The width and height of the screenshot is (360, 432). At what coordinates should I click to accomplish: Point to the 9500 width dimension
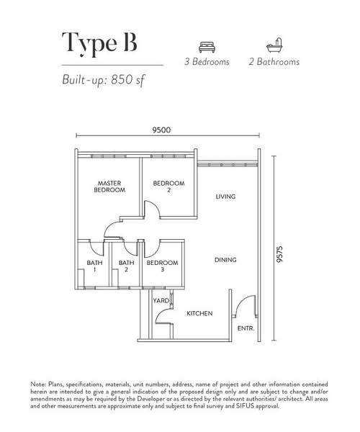pyautogui.click(x=161, y=130)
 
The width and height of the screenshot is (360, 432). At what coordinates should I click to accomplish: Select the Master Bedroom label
pyautogui.click(x=109, y=187)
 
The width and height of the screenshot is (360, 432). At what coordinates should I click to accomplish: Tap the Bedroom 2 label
pyautogui.click(x=168, y=187)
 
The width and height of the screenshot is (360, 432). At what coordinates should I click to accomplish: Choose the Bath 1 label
pyautogui.click(x=94, y=266)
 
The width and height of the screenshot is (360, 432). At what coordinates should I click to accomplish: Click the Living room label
pyautogui.click(x=226, y=197)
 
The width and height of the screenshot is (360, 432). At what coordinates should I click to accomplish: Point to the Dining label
pyautogui.click(x=225, y=260)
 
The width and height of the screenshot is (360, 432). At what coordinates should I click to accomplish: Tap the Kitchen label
pyautogui.click(x=199, y=315)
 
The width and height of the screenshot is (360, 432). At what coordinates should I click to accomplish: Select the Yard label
pyautogui.click(x=160, y=300)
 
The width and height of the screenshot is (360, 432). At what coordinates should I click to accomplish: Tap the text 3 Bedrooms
pyautogui.click(x=207, y=62)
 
